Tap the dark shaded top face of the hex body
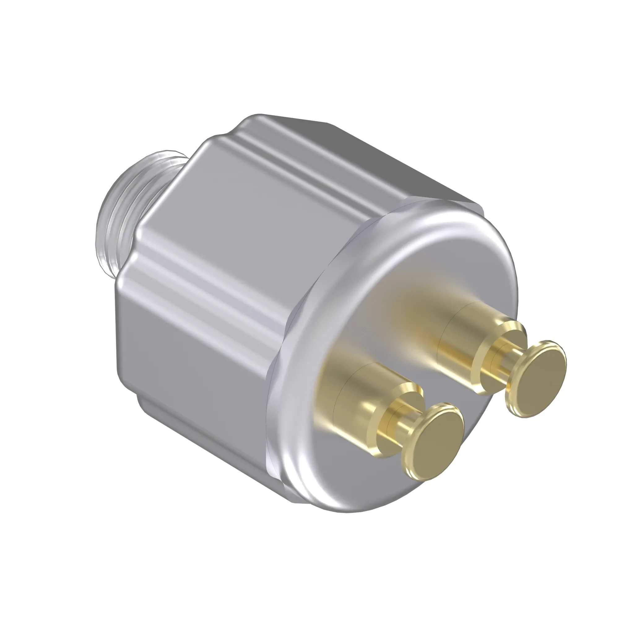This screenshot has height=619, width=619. click(x=384, y=160)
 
